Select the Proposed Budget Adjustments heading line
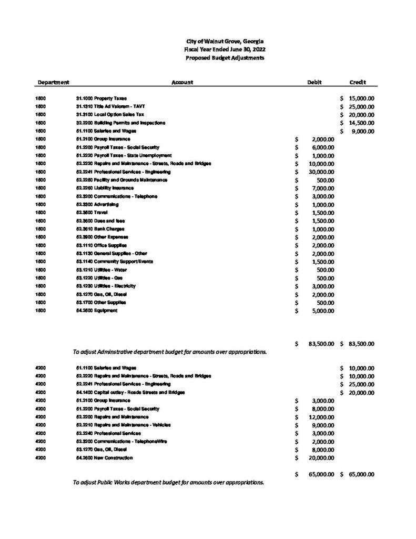(x=225, y=58)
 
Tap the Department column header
(x=53, y=83)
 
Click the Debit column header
(x=314, y=83)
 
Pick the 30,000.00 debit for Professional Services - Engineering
(x=321, y=172)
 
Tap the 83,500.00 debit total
(x=321, y=344)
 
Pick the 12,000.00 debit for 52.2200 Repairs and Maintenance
(x=321, y=417)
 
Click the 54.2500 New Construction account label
(x=105, y=458)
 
